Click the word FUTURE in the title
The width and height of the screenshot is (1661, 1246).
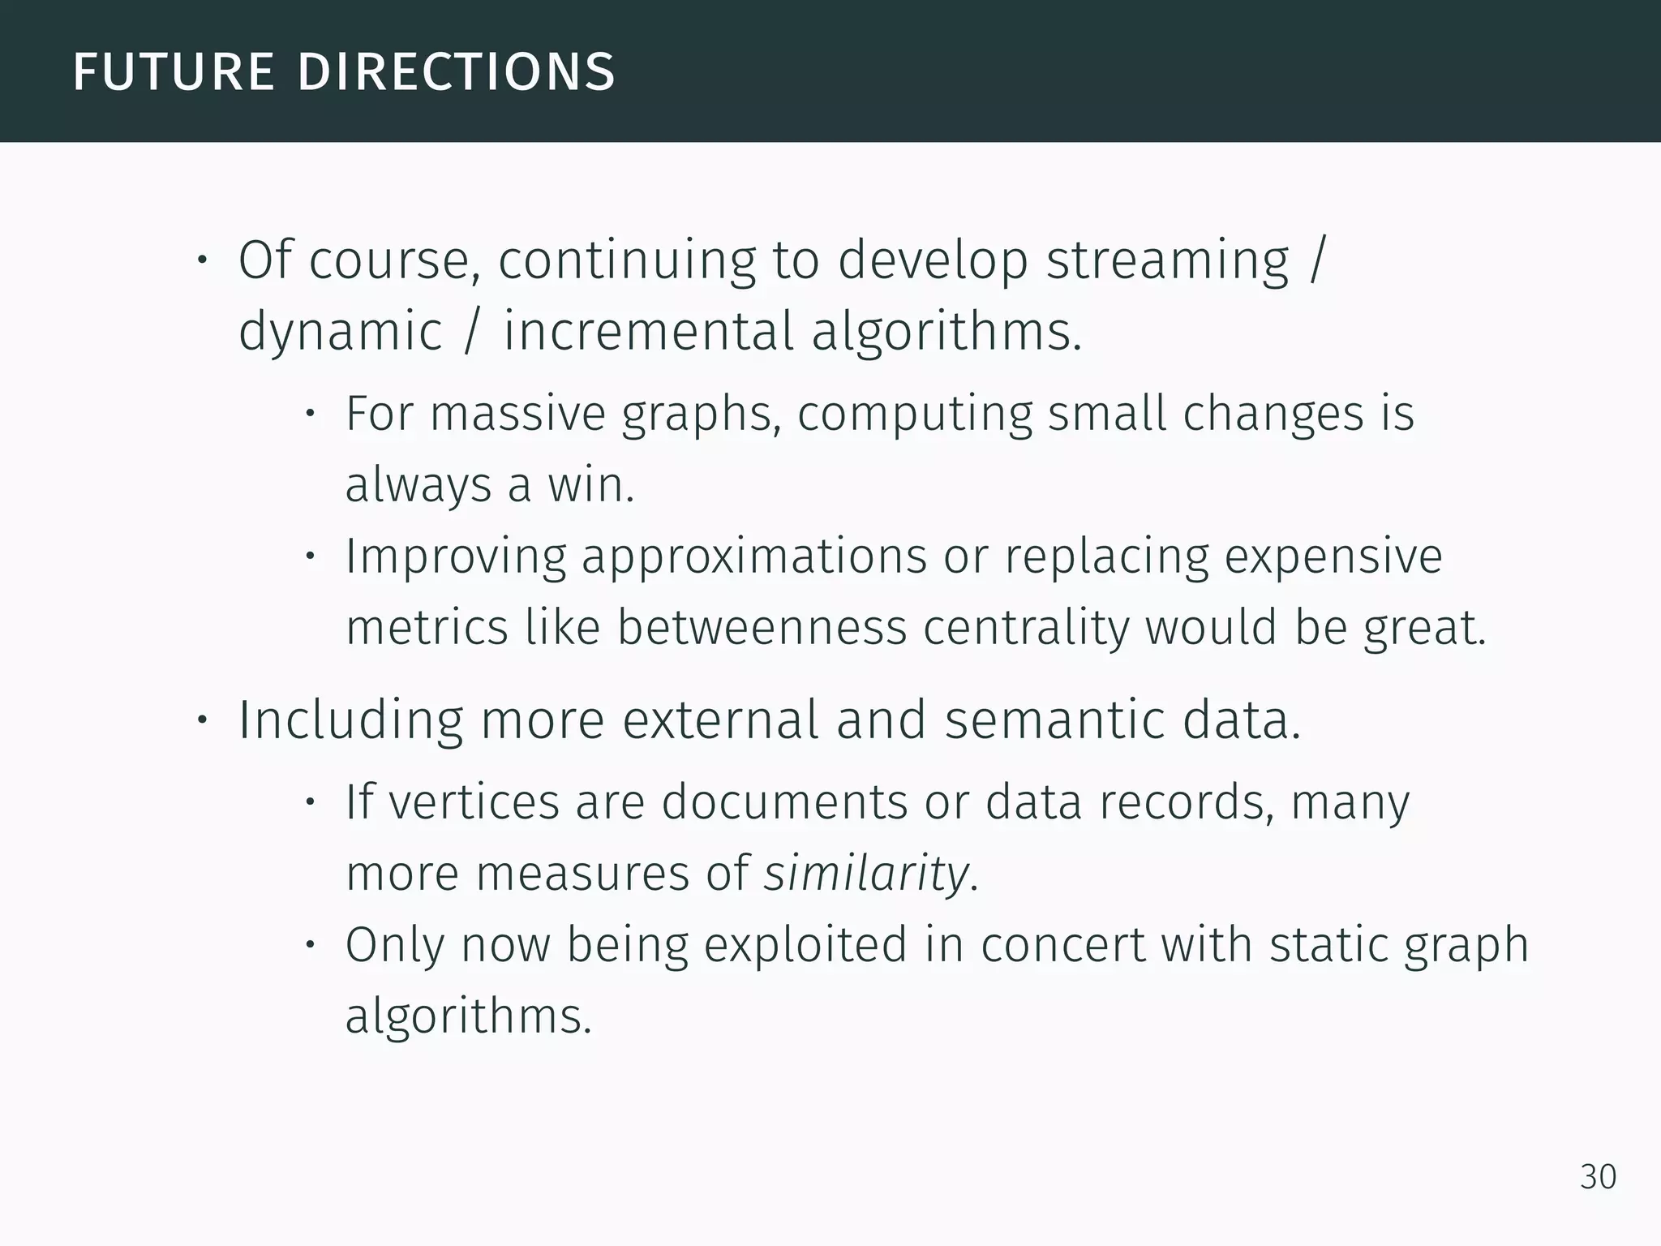pos(174,71)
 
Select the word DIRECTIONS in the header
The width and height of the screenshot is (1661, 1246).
pos(456,71)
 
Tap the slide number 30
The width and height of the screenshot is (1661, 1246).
pos(1598,1177)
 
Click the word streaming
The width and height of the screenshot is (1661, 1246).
pos(1167,261)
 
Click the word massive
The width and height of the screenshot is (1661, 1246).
pos(517,414)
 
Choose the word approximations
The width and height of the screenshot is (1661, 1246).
pos(754,558)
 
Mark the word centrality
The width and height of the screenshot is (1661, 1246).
pos(1025,629)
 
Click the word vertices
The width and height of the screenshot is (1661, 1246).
pos(474,802)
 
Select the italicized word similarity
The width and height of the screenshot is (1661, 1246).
pos(865,874)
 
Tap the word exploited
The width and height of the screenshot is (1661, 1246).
pos(805,945)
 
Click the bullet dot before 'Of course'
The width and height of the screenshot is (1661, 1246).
pos(202,261)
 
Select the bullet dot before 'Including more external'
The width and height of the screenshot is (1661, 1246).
pos(202,720)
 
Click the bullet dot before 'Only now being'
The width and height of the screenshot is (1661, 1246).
pos(310,945)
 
